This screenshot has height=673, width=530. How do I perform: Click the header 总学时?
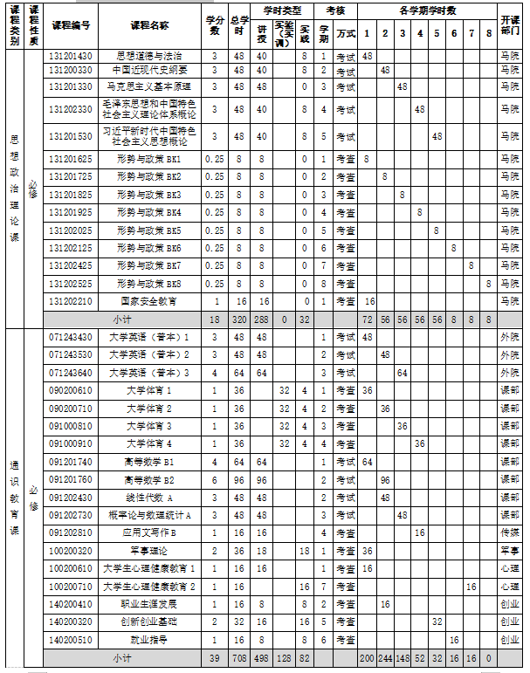point(238,25)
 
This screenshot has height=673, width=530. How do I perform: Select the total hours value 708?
point(238,657)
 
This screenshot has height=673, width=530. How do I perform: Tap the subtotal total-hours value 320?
point(238,319)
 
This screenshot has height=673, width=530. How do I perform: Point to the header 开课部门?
point(510,25)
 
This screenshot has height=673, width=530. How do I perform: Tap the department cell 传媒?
point(510,532)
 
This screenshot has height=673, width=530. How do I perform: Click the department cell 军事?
point(510,551)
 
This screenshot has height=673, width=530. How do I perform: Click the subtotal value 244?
point(384,657)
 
